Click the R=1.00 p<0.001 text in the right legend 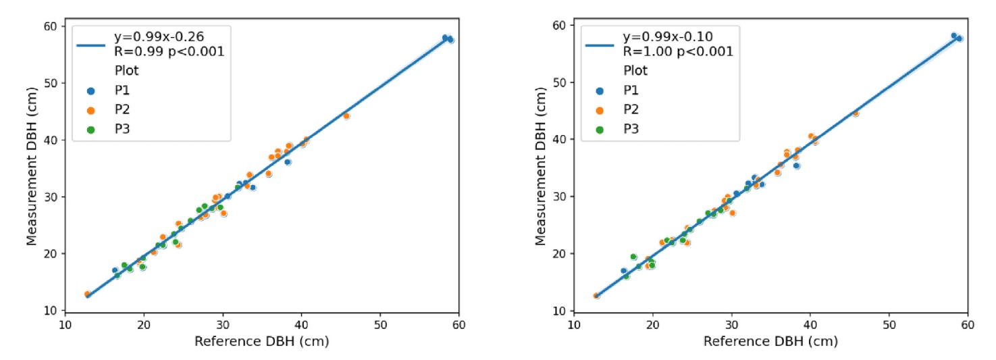click(x=677, y=51)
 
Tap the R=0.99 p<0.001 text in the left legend click(x=168, y=51)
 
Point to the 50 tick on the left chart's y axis click(x=51, y=83)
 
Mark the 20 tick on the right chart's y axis click(x=560, y=254)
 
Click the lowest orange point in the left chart click(x=87, y=294)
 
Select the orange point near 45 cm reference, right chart click(x=855, y=113)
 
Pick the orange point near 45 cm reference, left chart click(x=346, y=116)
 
